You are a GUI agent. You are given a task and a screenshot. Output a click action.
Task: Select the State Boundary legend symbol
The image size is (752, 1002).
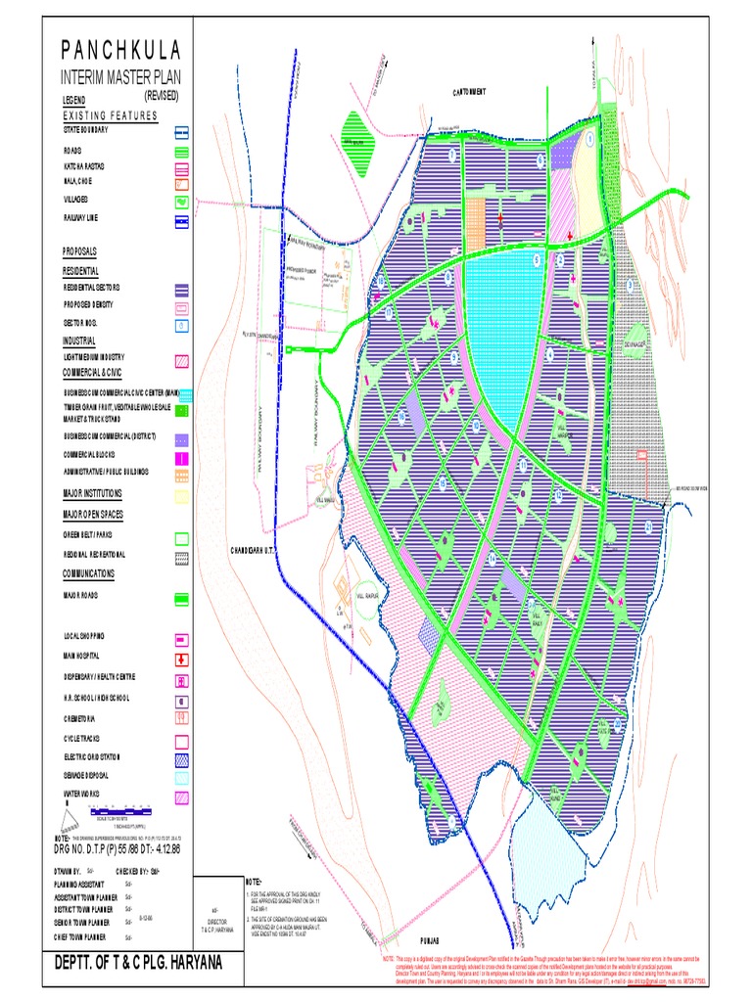tap(182, 131)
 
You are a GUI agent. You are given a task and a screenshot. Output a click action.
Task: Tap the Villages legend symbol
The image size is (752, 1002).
tap(182, 201)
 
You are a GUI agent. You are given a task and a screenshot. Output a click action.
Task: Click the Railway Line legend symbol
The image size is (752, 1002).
tap(182, 221)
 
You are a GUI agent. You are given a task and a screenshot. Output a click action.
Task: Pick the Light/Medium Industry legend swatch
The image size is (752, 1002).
tap(182, 361)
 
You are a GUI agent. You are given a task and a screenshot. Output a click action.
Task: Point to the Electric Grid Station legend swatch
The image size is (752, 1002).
tap(182, 758)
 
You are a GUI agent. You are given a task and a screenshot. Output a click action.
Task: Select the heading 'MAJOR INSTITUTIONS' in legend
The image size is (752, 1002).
tap(107, 493)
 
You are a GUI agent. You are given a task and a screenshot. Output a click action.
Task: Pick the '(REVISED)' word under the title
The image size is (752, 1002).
tap(162, 95)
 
